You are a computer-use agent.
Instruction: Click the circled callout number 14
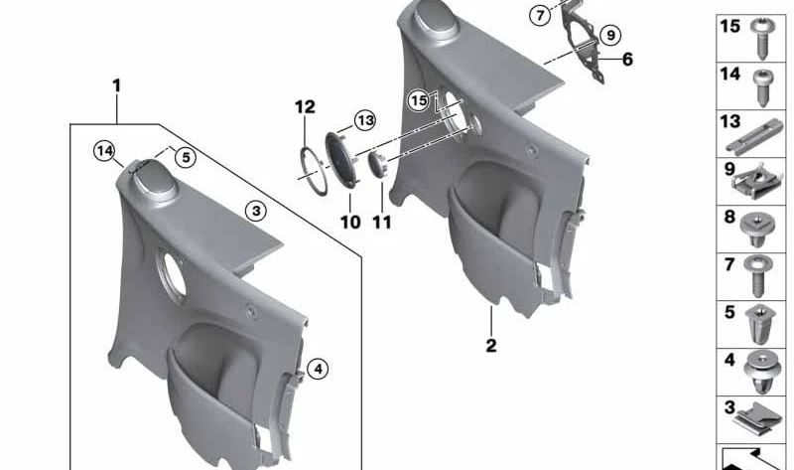(104, 151)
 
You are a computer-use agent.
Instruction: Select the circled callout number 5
(186, 158)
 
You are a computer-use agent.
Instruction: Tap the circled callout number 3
(256, 211)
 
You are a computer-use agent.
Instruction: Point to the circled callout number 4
(318, 369)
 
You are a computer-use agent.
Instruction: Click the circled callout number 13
(364, 120)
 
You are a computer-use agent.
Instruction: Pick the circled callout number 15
(419, 100)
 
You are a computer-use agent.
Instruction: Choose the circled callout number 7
(540, 16)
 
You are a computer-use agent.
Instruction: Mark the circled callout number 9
(610, 35)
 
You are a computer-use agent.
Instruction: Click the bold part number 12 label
(305, 107)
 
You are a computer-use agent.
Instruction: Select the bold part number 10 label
(350, 222)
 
